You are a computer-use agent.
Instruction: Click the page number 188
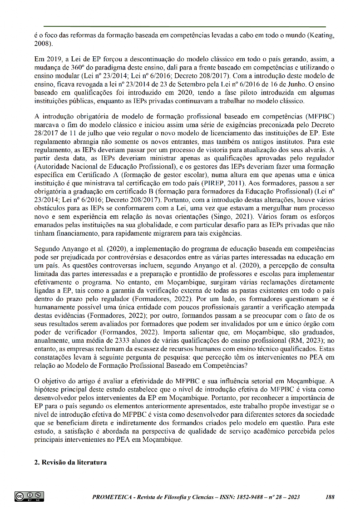(x=330, y=497)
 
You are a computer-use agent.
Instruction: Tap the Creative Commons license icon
(x=29, y=496)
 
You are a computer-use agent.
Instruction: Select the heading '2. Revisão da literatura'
(x=70, y=462)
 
